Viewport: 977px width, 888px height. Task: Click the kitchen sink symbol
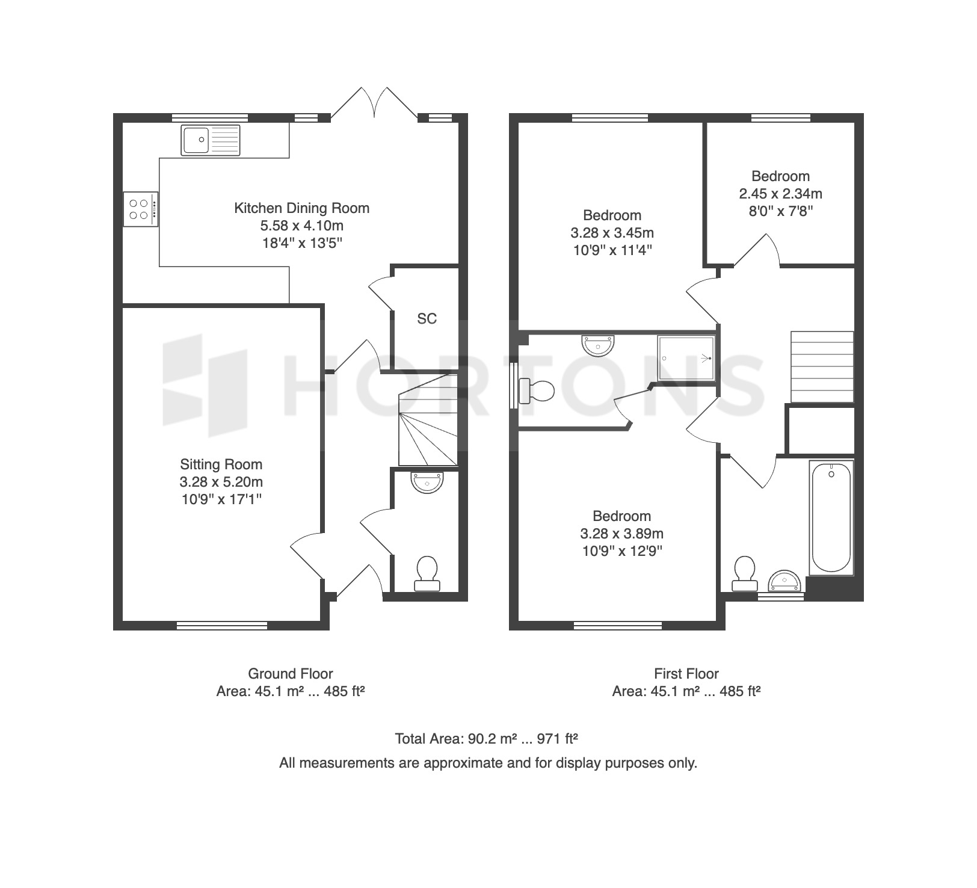tap(210, 140)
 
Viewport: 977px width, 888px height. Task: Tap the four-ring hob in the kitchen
tap(141, 209)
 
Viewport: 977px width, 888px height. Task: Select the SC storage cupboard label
tap(427, 319)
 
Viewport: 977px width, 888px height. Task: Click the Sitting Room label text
tap(221, 464)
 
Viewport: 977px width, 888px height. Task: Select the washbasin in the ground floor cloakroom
tap(427, 482)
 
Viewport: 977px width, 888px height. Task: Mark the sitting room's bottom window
tap(222, 626)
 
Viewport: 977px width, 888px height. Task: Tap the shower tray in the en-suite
tap(686, 358)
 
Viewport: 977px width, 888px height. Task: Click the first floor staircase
tap(822, 366)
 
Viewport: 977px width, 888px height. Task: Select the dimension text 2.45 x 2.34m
tap(781, 194)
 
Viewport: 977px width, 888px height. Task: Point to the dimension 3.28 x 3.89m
tap(622, 534)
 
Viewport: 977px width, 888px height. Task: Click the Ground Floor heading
tap(291, 674)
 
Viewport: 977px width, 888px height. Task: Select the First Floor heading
tap(686, 674)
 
